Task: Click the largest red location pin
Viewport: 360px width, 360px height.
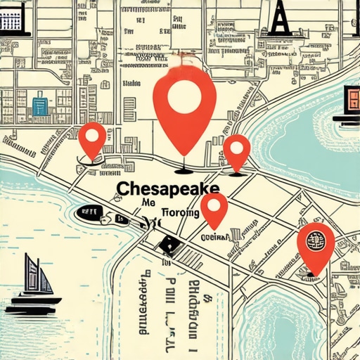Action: coord(184,105)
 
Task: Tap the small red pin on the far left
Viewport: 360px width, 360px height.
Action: coord(91,139)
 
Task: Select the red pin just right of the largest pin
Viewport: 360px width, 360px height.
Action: coord(236,151)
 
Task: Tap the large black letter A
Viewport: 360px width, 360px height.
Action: coord(281,17)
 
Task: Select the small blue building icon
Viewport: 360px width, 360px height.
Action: coord(39,107)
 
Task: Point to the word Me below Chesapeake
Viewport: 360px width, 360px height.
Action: coord(147,202)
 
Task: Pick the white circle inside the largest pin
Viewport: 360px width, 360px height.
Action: coord(184,93)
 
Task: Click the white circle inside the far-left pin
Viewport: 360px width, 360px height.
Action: coord(91,134)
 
